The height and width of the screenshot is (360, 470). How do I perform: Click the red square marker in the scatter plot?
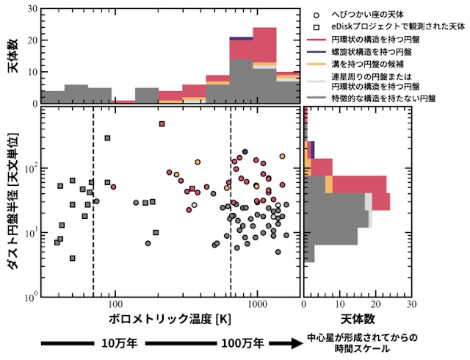coord(162,124)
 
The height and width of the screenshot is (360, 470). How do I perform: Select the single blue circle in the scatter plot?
coord(245,152)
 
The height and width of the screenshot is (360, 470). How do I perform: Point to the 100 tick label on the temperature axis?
coord(115,304)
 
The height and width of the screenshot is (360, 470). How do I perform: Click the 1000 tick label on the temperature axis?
coord(257,304)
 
